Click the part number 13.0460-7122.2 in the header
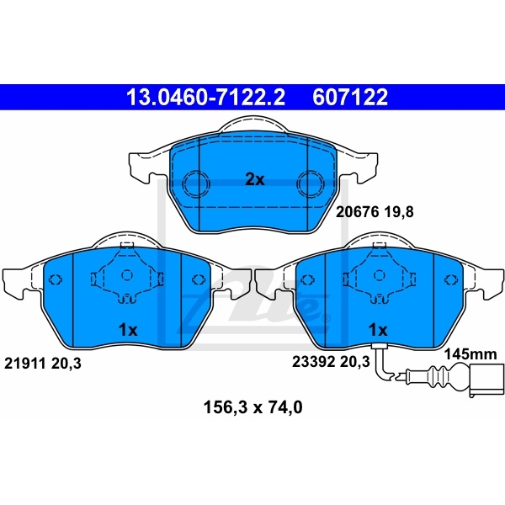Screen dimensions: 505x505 [206, 97]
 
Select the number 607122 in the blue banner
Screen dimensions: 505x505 [350, 97]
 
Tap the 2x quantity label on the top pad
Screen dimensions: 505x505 [255, 180]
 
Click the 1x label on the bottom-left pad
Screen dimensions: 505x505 [128, 330]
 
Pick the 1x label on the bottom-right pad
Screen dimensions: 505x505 [378, 330]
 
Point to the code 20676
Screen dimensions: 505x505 [357, 212]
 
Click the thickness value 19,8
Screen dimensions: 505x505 [399, 212]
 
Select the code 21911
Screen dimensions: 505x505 [24, 364]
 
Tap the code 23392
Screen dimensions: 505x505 [313, 362]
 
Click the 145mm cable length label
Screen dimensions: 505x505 [470, 354]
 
